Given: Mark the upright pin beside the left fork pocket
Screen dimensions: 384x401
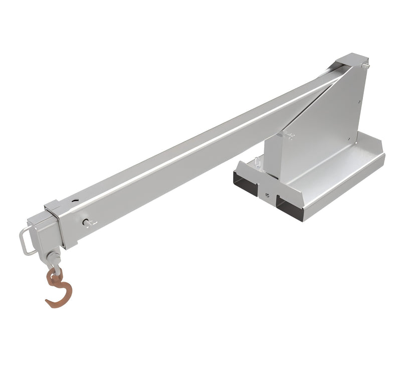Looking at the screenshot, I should pyautogui.click(x=257, y=161).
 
